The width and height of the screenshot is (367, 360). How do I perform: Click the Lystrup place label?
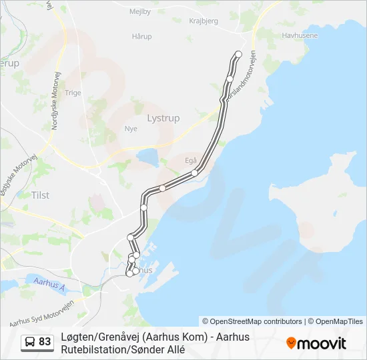[163, 118]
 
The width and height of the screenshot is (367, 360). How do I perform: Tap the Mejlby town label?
[141, 11]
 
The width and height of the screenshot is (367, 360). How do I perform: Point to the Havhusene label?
[300, 35]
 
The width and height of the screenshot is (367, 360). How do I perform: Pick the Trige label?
[73, 93]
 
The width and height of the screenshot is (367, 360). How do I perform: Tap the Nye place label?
[131, 129]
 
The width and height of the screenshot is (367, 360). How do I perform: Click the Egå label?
[192, 161]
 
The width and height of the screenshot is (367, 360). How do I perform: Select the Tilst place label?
[40, 195]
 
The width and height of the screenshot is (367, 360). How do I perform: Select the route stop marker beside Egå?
[195, 173]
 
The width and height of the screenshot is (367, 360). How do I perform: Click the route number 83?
[45, 342]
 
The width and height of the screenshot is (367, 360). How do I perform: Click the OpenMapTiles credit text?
[338, 321]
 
